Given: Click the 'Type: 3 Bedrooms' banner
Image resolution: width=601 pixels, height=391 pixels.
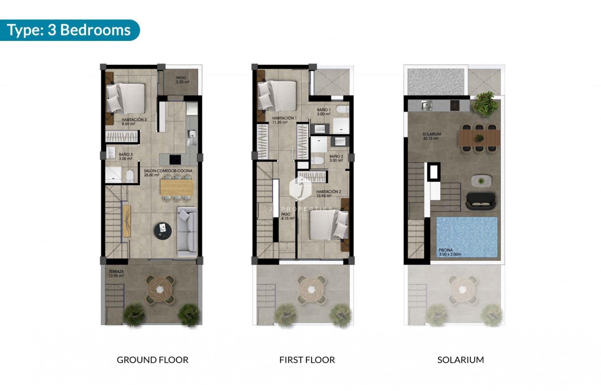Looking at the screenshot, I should [69, 30].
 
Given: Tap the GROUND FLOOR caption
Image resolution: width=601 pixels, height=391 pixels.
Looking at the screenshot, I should [153, 360].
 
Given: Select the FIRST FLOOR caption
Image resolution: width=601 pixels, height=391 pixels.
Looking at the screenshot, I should [307, 360].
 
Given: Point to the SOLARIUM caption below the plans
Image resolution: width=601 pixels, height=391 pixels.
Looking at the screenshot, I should [460, 360].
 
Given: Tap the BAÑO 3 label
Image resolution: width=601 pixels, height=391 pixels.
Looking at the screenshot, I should [126, 156].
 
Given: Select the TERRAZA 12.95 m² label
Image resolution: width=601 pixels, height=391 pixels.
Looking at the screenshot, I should [116, 274].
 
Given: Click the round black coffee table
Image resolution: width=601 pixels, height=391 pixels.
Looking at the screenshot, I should [163, 230].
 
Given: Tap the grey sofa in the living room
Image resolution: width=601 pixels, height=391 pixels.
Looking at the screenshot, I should [186, 232].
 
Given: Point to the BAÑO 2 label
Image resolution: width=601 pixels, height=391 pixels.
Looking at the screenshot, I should [336, 158].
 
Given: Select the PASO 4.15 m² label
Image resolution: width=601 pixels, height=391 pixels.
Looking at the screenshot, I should [287, 216].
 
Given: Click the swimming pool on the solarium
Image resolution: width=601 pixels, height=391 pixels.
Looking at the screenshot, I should [467, 236].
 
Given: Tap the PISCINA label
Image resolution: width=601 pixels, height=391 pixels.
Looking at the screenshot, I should [448, 252].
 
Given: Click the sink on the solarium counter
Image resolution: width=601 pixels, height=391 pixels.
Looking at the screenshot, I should [427, 106].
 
